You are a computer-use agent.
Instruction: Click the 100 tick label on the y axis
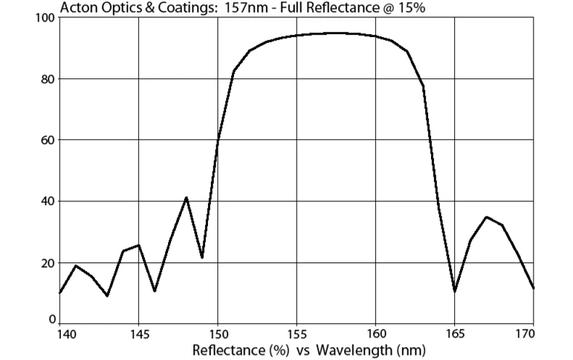coord(45,18)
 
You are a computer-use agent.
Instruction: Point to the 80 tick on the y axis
coord(48,79)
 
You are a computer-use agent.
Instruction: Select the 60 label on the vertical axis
coord(48,140)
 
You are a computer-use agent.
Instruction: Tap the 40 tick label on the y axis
coord(48,201)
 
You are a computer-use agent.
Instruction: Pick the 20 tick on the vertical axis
coord(48,262)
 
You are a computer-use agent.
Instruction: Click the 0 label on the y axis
coord(51,319)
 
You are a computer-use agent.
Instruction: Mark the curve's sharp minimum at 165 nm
coord(454,291)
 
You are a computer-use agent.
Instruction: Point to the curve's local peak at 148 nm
coord(186,197)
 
